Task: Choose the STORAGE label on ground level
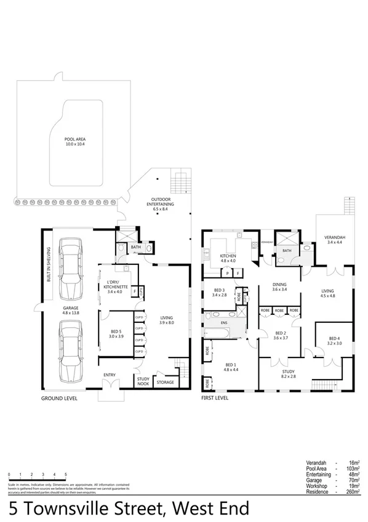click(x=165, y=382)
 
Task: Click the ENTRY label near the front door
click(x=109, y=375)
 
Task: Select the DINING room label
click(x=281, y=287)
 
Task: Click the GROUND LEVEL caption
click(x=59, y=399)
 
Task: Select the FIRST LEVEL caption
click(x=215, y=399)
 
